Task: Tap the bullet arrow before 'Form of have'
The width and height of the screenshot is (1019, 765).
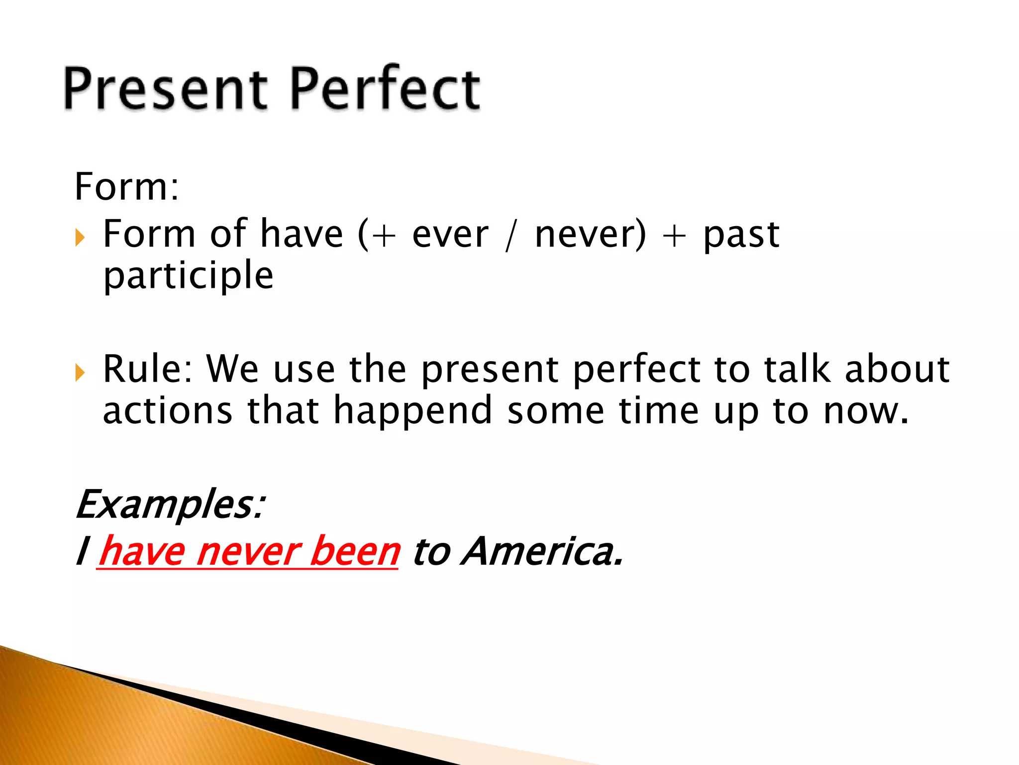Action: [x=80, y=238]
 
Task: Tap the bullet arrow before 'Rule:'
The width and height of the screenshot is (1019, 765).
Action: [x=80, y=372]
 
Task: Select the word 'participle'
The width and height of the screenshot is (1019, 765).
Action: [x=188, y=276]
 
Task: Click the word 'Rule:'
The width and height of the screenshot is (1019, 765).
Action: [x=148, y=370]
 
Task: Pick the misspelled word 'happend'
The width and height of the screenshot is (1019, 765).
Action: [x=412, y=411]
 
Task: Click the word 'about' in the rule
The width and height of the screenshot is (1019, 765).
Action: [x=897, y=370]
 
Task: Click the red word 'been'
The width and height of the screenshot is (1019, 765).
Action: [x=354, y=552]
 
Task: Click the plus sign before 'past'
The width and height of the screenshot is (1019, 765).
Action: [x=674, y=235]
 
